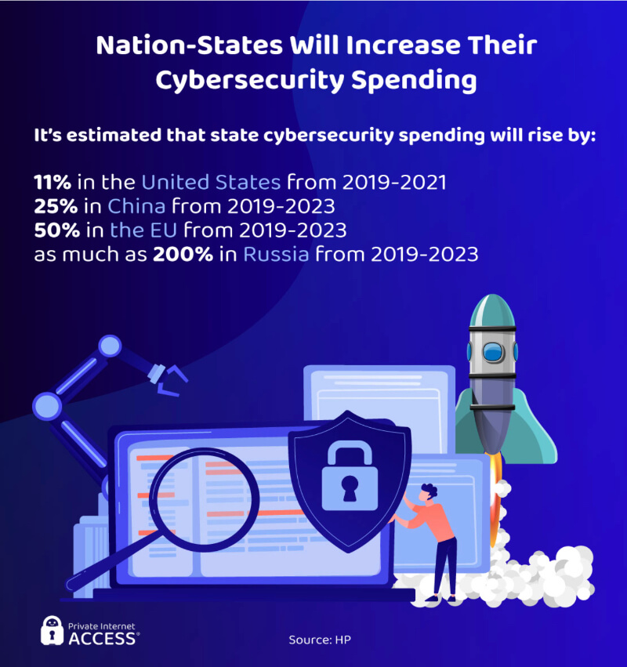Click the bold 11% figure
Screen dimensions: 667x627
[53, 183]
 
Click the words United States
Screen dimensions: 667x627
[211, 183]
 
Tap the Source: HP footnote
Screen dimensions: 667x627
[320, 640]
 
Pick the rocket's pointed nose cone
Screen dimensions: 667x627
[491, 307]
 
